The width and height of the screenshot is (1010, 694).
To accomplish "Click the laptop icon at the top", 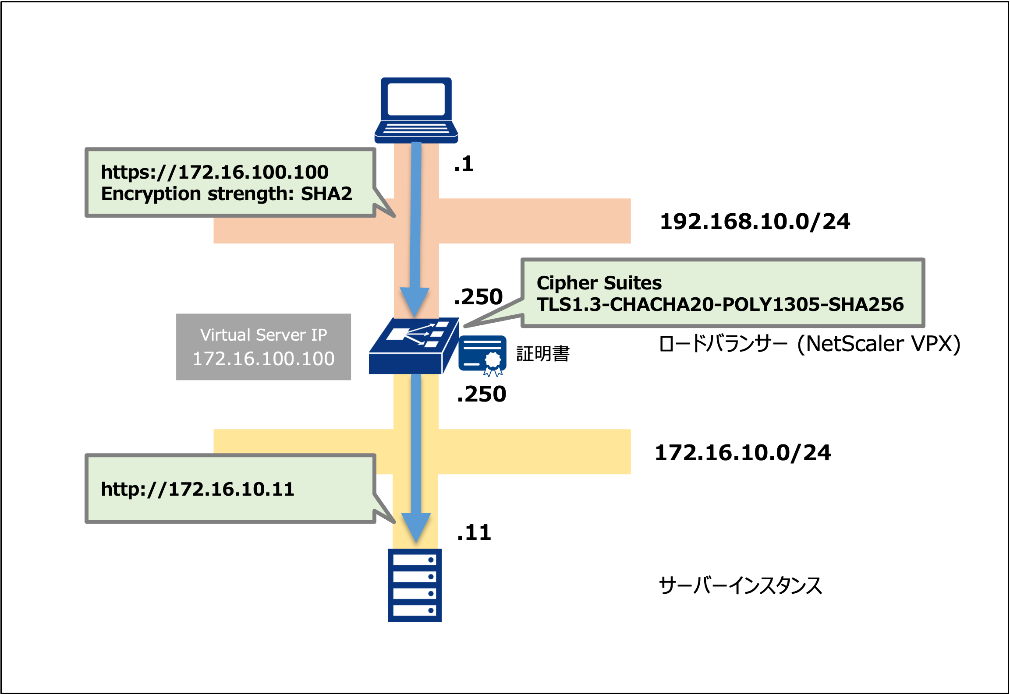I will (x=416, y=109).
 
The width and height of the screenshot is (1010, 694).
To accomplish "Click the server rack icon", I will (x=415, y=585).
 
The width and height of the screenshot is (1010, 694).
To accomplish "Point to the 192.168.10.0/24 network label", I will (x=755, y=222).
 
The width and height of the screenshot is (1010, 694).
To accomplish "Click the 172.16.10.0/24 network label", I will (x=742, y=453).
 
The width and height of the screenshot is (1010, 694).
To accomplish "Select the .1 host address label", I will (x=464, y=164).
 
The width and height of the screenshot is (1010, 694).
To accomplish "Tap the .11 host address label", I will (x=474, y=533).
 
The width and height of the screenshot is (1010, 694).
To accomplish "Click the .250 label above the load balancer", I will (x=478, y=297).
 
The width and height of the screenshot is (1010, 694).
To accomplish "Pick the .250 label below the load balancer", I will (x=481, y=394).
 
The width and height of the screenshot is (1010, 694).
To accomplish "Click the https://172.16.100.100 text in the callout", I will (x=215, y=172).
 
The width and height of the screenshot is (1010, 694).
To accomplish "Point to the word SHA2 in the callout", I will (x=326, y=194).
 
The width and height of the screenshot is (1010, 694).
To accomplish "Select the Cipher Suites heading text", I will (x=599, y=283).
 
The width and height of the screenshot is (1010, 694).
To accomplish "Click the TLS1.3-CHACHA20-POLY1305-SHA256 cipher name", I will (x=720, y=305).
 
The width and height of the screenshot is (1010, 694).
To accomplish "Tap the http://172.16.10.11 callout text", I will (x=197, y=489).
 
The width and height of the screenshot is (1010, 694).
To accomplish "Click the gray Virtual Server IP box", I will (x=263, y=347).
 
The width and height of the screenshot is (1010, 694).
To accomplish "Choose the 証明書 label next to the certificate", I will (x=543, y=354).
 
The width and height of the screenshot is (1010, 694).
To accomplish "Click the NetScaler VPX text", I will (x=878, y=344).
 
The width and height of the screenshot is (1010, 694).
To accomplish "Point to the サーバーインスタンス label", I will (x=740, y=586).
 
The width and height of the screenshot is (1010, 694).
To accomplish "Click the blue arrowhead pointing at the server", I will (x=416, y=528).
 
